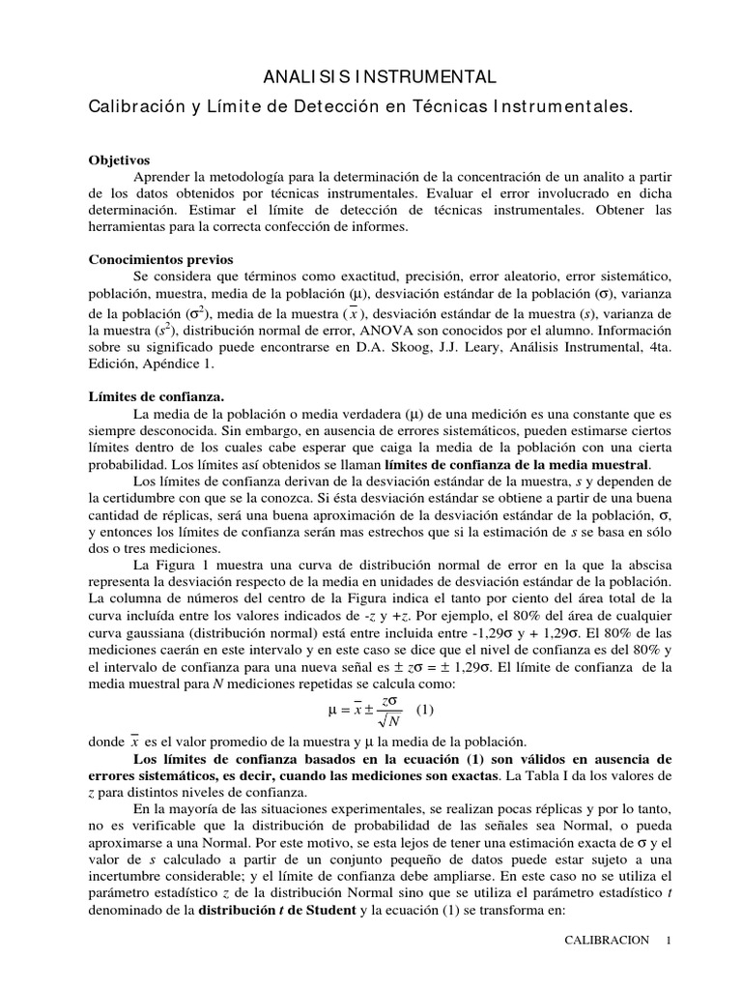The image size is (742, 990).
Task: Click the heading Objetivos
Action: point(120,160)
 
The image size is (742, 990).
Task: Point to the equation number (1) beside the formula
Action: point(425,710)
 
